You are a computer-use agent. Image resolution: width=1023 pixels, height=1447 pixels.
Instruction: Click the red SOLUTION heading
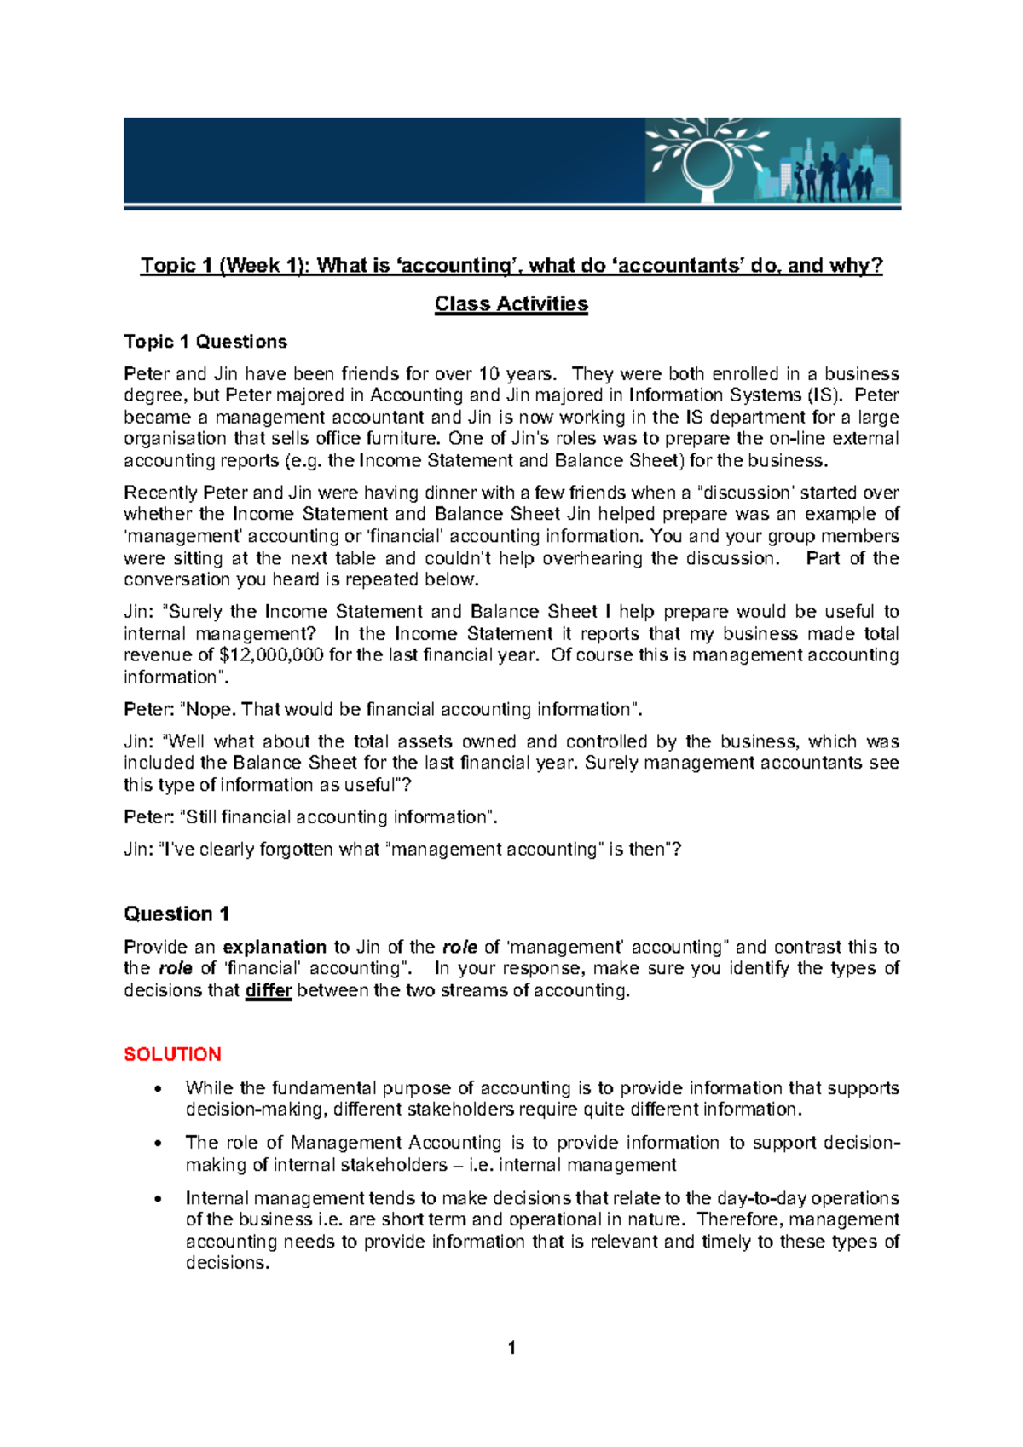pyautogui.click(x=172, y=1054)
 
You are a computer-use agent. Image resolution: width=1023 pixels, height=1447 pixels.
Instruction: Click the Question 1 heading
pyautogui.click(x=176, y=914)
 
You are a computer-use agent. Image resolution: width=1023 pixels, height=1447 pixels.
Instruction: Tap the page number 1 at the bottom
pyautogui.click(x=511, y=1347)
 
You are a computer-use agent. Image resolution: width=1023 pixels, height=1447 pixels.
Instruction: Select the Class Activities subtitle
pyautogui.click(x=511, y=304)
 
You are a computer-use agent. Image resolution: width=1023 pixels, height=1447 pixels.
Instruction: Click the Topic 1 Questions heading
pyautogui.click(x=205, y=342)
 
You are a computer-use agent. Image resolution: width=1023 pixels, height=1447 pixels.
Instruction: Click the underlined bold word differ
pyautogui.click(x=269, y=990)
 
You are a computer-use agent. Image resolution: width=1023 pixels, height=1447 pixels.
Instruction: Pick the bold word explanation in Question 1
pyautogui.click(x=275, y=947)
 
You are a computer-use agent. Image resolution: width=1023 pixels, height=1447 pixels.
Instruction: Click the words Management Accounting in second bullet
pyautogui.click(x=396, y=1143)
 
